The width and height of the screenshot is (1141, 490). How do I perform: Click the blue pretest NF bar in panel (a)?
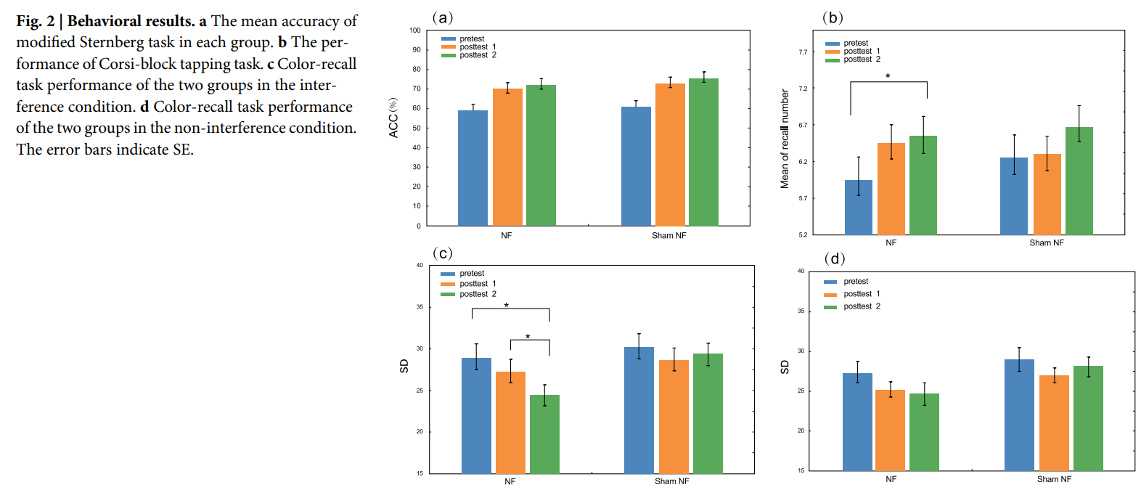click(x=473, y=168)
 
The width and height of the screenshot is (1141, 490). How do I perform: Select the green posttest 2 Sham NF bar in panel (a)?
click(x=703, y=152)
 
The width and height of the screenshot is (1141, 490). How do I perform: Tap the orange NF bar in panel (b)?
click(x=891, y=189)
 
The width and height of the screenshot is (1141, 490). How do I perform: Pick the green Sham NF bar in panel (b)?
click(x=1079, y=181)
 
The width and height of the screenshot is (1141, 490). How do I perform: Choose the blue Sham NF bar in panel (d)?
click(x=1019, y=415)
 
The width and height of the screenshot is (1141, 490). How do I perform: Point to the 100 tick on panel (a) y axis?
click(x=415, y=30)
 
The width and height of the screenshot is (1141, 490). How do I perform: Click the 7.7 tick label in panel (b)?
click(x=803, y=52)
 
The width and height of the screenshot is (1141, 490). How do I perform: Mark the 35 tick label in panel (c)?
click(x=420, y=307)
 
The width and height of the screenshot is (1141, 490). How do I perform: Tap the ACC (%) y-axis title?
click(x=393, y=118)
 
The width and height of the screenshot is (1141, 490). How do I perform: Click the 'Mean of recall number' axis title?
click(x=785, y=139)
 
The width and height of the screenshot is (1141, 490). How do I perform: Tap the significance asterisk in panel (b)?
click(x=888, y=76)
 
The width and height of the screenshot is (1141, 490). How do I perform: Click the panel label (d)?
click(x=835, y=258)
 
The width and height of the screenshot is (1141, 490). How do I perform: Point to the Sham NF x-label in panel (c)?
click(x=671, y=481)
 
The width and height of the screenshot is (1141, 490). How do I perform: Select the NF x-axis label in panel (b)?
click(x=891, y=242)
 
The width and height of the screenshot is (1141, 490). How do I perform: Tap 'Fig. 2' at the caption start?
click(x=35, y=21)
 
